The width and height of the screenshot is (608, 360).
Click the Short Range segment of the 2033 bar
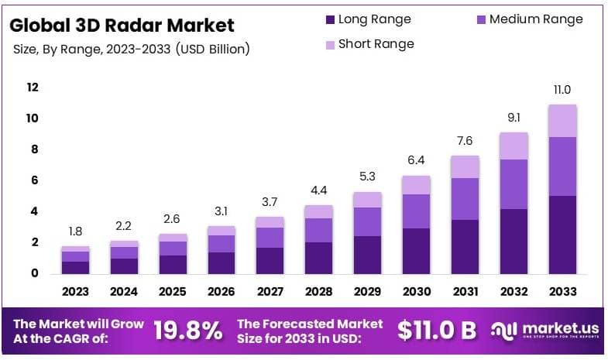coord(562,121)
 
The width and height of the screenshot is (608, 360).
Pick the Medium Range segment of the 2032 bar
coord(514,184)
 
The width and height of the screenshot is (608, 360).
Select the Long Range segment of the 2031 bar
coord(465,246)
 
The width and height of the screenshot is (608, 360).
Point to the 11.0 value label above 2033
coord(562,91)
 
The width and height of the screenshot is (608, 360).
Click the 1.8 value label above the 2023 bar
coord(76,231)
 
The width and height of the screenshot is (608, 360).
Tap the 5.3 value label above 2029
coord(367,177)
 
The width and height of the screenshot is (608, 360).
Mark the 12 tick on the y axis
coord(33,87)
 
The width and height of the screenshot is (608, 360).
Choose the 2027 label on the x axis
coord(270,292)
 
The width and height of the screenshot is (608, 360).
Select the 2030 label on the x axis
coord(416,292)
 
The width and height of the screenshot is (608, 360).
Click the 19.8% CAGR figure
coord(188,331)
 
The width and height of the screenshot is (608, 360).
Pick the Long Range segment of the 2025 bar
coord(173,264)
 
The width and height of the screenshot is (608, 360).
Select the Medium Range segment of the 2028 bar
coord(319,230)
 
